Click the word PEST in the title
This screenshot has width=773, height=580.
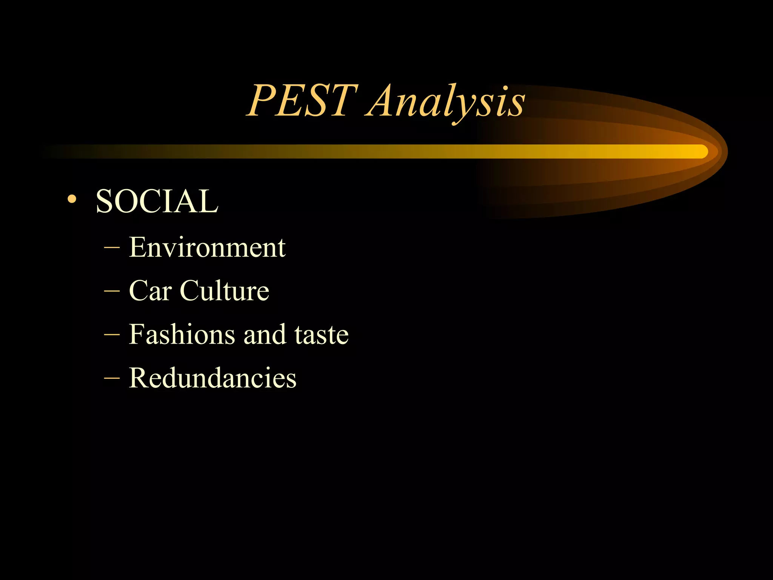pyautogui.click(x=302, y=101)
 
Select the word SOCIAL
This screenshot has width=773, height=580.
pyautogui.click(x=157, y=201)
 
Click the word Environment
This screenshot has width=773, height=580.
pyautogui.click(x=207, y=247)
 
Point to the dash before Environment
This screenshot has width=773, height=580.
pyautogui.click(x=112, y=248)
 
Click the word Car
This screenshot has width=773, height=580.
pyautogui.click(x=150, y=291)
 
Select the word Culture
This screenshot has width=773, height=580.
pyautogui.click(x=225, y=291)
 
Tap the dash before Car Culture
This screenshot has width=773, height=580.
pyautogui.click(x=112, y=292)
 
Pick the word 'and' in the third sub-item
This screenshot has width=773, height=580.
pyautogui.click(x=265, y=335)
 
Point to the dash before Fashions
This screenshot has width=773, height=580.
pyautogui.click(x=112, y=335)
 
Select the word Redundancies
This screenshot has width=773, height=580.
pyautogui.click(x=212, y=378)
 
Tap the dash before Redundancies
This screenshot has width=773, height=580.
pyautogui.click(x=112, y=378)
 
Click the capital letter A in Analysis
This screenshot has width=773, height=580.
pyautogui.click(x=381, y=101)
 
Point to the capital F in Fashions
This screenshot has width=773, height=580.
pyautogui.click(x=137, y=334)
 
